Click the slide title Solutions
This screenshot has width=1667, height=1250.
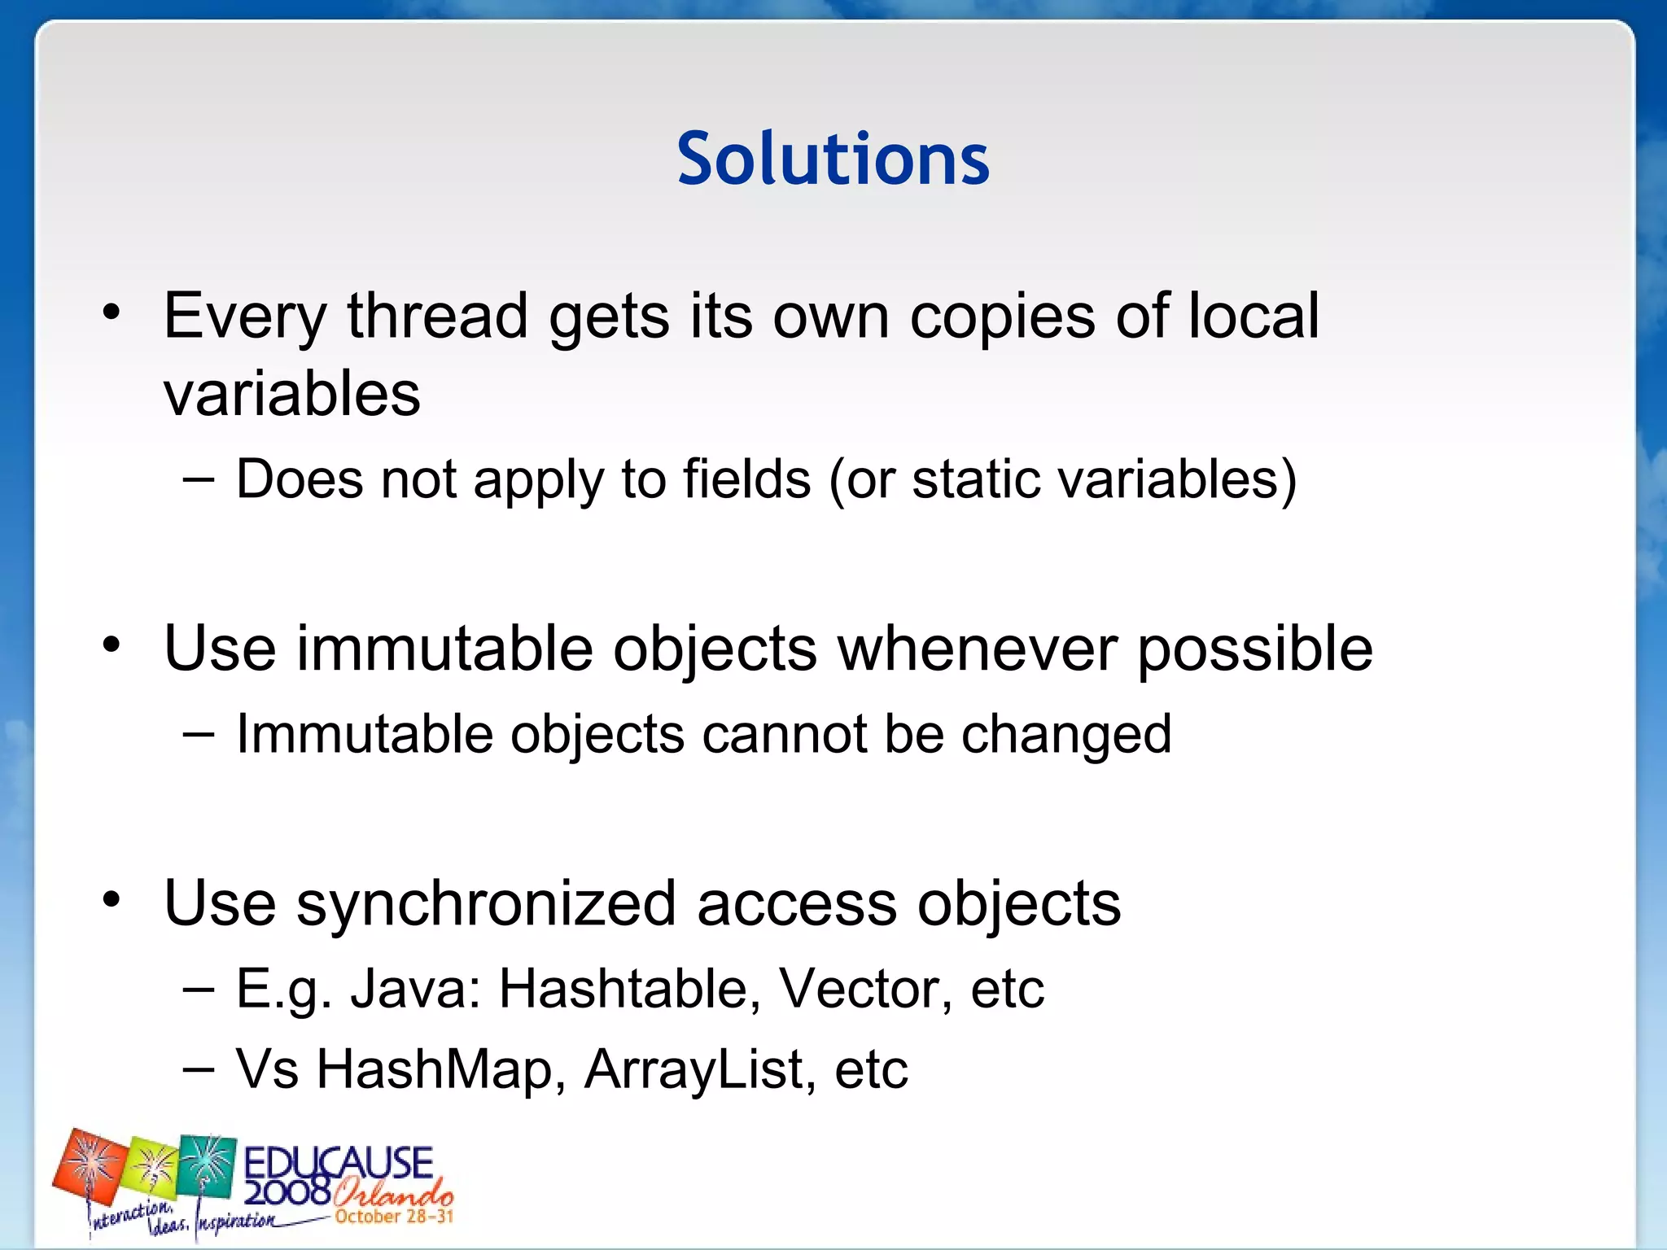click(833, 158)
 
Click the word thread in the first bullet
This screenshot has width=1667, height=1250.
click(437, 316)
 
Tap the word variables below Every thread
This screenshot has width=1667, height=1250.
click(291, 393)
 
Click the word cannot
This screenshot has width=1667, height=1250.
click(785, 734)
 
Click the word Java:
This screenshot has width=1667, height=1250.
click(415, 989)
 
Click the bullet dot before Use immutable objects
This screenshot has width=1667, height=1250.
click(112, 647)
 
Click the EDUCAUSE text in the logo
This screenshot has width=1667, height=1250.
click(338, 1162)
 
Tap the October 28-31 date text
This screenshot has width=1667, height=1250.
click(394, 1217)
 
